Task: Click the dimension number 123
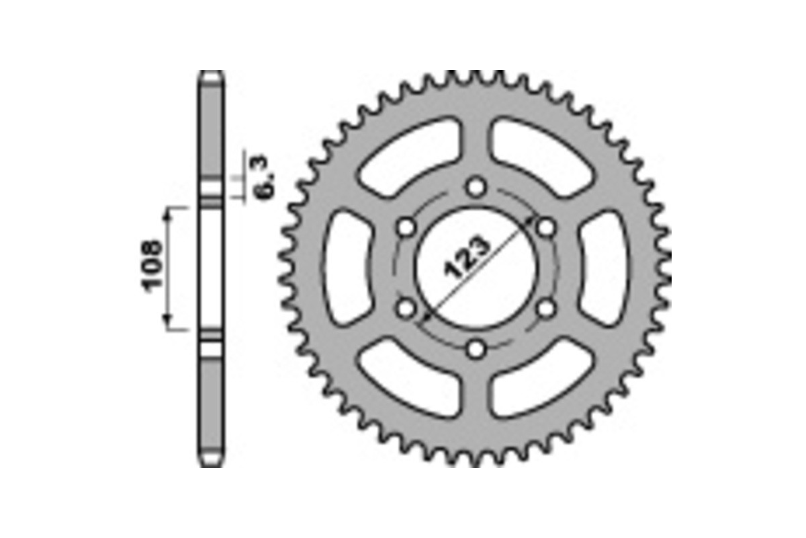tap(469, 258)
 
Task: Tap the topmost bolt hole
tap(476, 186)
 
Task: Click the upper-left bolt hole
tap(406, 227)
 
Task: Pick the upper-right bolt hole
tap(547, 227)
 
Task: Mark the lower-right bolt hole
tap(547, 309)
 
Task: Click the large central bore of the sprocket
tap(476, 268)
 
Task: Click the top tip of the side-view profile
tap(212, 74)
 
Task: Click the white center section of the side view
tap(212, 268)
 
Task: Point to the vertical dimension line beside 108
tap(168, 268)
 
